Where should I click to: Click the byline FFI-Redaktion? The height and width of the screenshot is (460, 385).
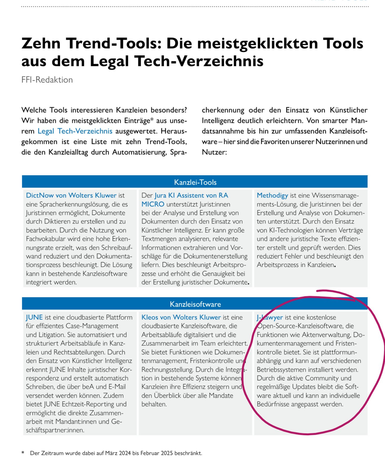coord(47,80)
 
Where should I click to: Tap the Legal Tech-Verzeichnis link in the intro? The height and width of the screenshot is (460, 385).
coord(75,131)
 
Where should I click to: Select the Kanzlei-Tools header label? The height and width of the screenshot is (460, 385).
coord(195,182)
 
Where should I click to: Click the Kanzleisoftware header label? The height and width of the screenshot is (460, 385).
coord(195,304)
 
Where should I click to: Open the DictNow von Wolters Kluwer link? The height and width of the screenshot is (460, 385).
coord(71,196)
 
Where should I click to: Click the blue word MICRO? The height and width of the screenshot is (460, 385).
coord(153,204)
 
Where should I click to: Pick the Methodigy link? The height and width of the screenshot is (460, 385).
coord(272,196)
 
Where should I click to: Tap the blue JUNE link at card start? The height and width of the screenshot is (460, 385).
coord(34,318)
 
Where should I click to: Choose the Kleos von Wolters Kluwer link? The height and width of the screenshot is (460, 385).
coord(181,318)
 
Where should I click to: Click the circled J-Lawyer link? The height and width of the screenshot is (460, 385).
coord(270,318)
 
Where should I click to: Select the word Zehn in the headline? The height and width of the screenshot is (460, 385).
coord(41,43)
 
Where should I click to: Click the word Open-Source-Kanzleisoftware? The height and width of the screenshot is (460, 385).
coord(300,326)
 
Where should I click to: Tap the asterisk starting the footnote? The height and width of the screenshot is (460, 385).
coord(23,453)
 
